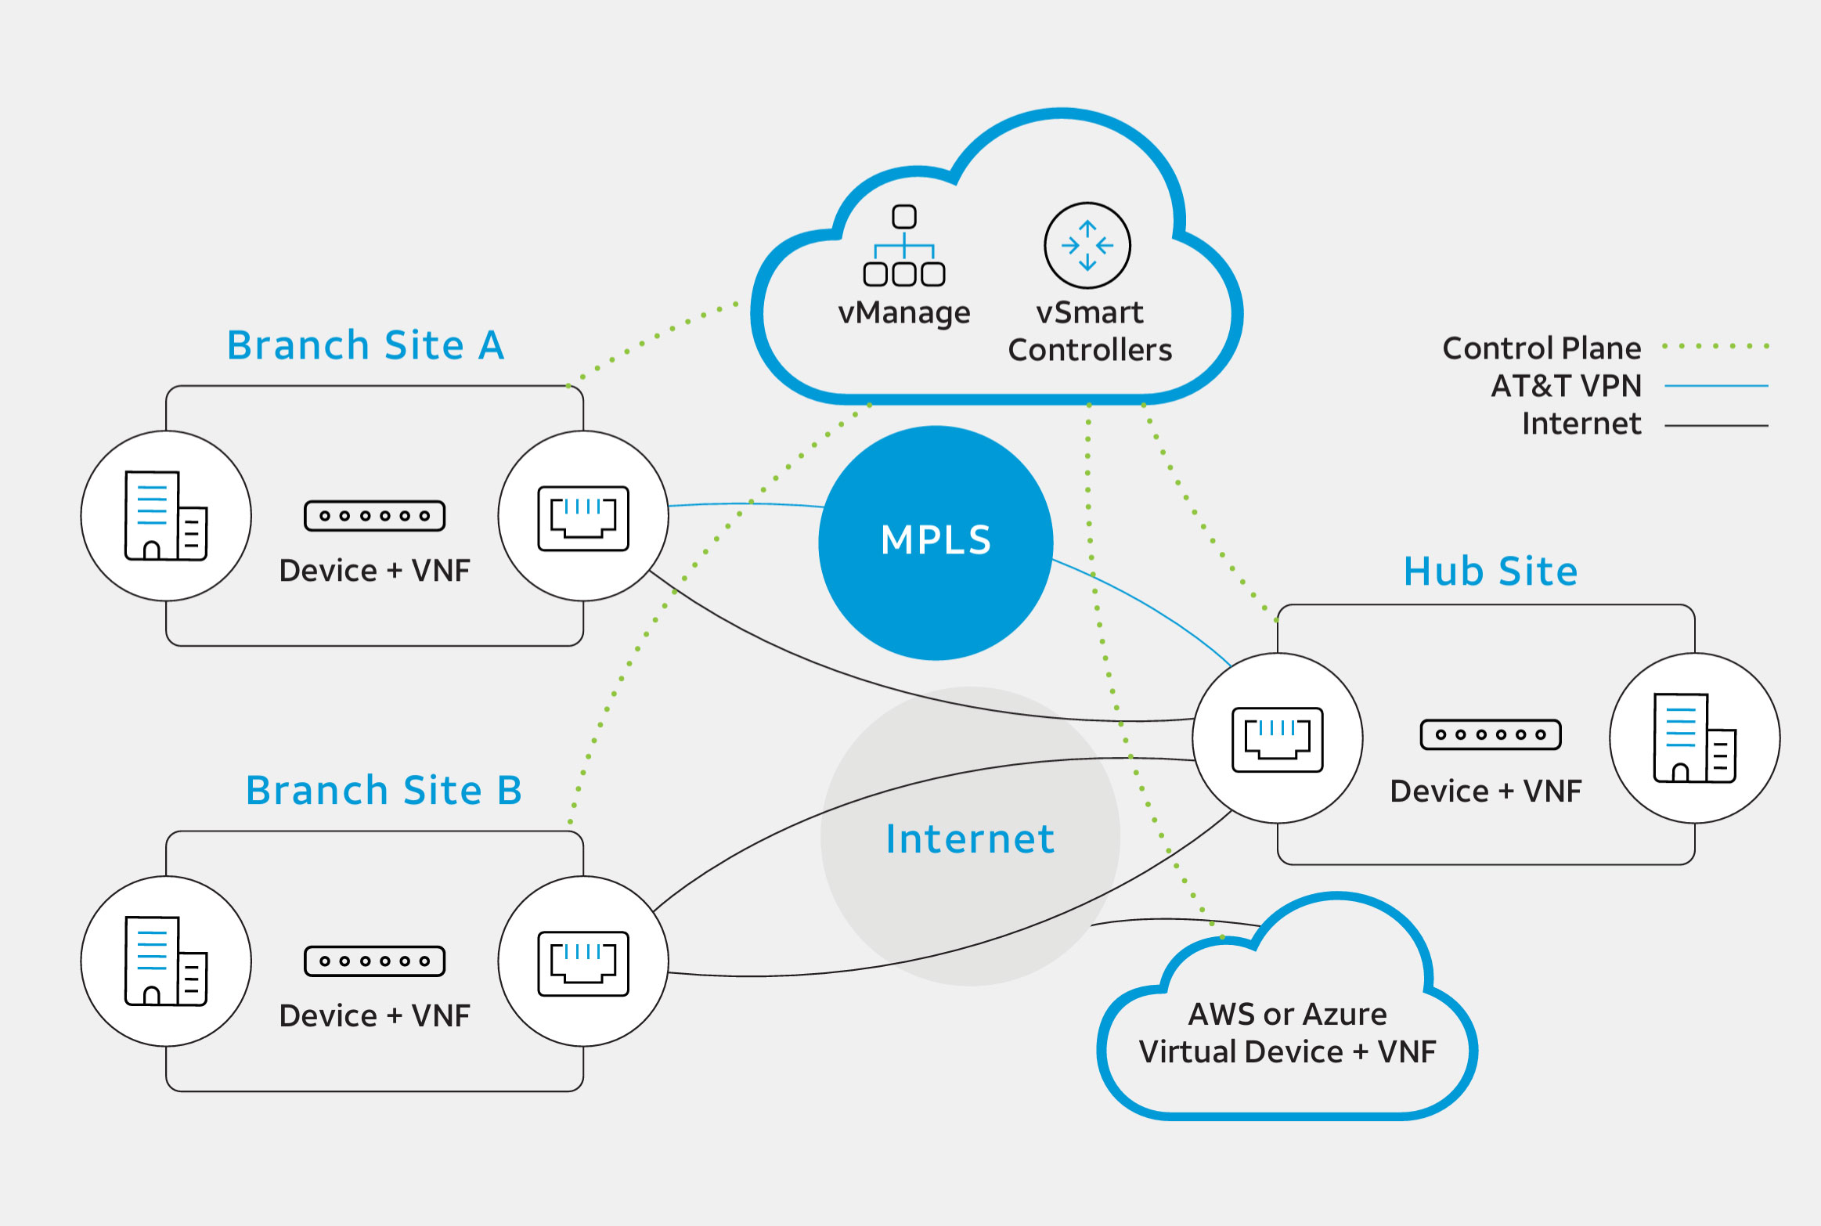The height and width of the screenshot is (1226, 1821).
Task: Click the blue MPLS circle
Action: tap(936, 543)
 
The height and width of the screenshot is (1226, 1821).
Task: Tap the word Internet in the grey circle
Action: tap(970, 838)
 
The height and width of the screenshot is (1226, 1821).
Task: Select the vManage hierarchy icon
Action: tap(904, 246)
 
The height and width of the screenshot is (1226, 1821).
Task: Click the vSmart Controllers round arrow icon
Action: tap(1087, 246)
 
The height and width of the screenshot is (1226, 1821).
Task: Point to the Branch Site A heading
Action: tap(366, 345)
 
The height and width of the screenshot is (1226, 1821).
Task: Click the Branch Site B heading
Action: tap(384, 790)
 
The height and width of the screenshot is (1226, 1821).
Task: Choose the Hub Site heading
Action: tap(1491, 571)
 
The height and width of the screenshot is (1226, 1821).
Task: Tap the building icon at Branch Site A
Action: tap(166, 516)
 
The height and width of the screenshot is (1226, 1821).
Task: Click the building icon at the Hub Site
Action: tap(1695, 737)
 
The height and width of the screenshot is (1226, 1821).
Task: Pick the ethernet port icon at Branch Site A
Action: tap(583, 517)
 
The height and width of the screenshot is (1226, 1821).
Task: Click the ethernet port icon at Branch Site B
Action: tap(583, 963)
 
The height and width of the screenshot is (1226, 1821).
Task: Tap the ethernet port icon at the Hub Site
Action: tap(1278, 739)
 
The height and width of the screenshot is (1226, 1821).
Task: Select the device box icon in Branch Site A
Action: tap(375, 516)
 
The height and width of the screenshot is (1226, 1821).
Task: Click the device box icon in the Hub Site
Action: tap(1491, 734)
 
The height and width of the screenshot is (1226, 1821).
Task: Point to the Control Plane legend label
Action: tap(1542, 348)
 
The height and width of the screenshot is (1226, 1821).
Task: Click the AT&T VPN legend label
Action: tap(1566, 385)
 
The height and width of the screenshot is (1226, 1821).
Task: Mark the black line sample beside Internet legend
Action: tap(1716, 426)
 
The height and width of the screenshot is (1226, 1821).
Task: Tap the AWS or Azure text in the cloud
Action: tap(1287, 1014)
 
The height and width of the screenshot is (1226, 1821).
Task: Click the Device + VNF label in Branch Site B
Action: tap(375, 1015)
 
